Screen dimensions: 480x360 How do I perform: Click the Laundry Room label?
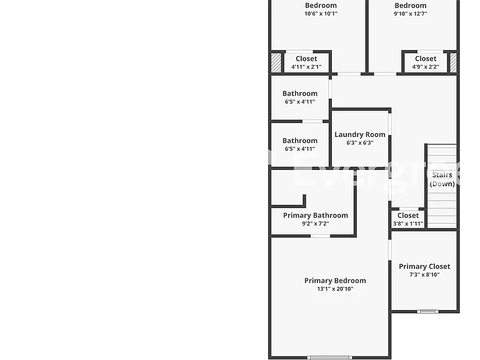click(x=360, y=135)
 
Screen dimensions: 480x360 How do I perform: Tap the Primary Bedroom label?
click(x=335, y=281)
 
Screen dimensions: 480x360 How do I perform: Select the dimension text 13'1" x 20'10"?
click(x=335, y=289)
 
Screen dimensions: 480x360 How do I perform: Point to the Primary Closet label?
click(x=424, y=267)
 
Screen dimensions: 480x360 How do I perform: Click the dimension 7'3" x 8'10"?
click(x=424, y=274)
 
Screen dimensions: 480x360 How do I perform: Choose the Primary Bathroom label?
click(x=315, y=216)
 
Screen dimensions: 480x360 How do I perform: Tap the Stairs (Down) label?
click(x=442, y=179)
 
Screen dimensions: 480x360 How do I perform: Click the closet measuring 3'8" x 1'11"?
click(x=408, y=219)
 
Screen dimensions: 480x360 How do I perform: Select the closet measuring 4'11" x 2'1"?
click(x=306, y=62)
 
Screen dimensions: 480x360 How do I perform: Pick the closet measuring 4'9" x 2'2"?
click(x=426, y=62)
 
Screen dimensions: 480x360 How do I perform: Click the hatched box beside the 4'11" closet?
click(x=276, y=62)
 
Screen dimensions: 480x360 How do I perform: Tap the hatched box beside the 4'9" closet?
click(x=453, y=62)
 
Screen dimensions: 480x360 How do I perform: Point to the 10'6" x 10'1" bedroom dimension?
click(x=321, y=14)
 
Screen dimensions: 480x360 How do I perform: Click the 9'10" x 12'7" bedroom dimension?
click(x=410, y=14)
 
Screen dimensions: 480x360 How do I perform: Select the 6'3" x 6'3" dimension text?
click(x=360, y=142)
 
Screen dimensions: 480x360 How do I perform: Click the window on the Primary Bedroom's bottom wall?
click(x=330, y=357)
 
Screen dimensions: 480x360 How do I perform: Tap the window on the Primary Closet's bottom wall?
click(x=427, y=312)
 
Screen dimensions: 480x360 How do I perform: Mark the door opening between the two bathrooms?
click(x=312, y=121)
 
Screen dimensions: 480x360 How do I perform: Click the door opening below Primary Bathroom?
click(x=320, y=236)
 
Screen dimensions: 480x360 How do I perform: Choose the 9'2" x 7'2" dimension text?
click(x=315, y=224)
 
